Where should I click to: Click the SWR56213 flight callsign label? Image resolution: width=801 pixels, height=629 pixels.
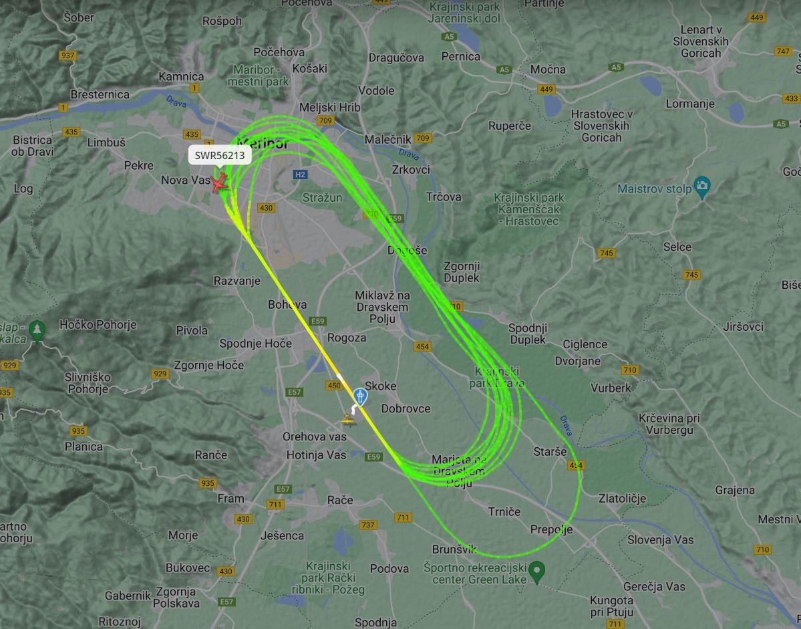click(x=219, y=156)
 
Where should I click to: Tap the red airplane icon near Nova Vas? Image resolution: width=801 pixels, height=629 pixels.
click(x=220, y=182)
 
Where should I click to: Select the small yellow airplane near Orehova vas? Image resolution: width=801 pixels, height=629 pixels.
click(x=347, y=420)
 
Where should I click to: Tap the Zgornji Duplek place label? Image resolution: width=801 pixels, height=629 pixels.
click(x=462, y=271)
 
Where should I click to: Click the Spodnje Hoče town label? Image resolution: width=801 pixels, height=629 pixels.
click(x=255, y=344)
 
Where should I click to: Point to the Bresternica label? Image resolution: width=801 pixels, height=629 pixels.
click(x=100, y=94)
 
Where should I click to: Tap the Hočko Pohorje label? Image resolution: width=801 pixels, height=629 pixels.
click(x=98, y=325)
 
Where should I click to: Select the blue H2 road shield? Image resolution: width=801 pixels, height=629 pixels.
click(x=300, y=174)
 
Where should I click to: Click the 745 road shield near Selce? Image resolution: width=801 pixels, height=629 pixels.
click(x=691, y=275)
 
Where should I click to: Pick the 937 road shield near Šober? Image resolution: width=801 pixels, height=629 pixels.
click(x=67, y=55)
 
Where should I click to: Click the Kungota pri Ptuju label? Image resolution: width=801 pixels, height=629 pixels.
click(x=611, y=606)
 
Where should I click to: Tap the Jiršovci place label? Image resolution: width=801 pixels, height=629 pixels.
click(x=743, y=327)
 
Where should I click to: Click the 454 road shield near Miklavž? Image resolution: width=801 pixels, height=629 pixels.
click(x=422, y=346)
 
